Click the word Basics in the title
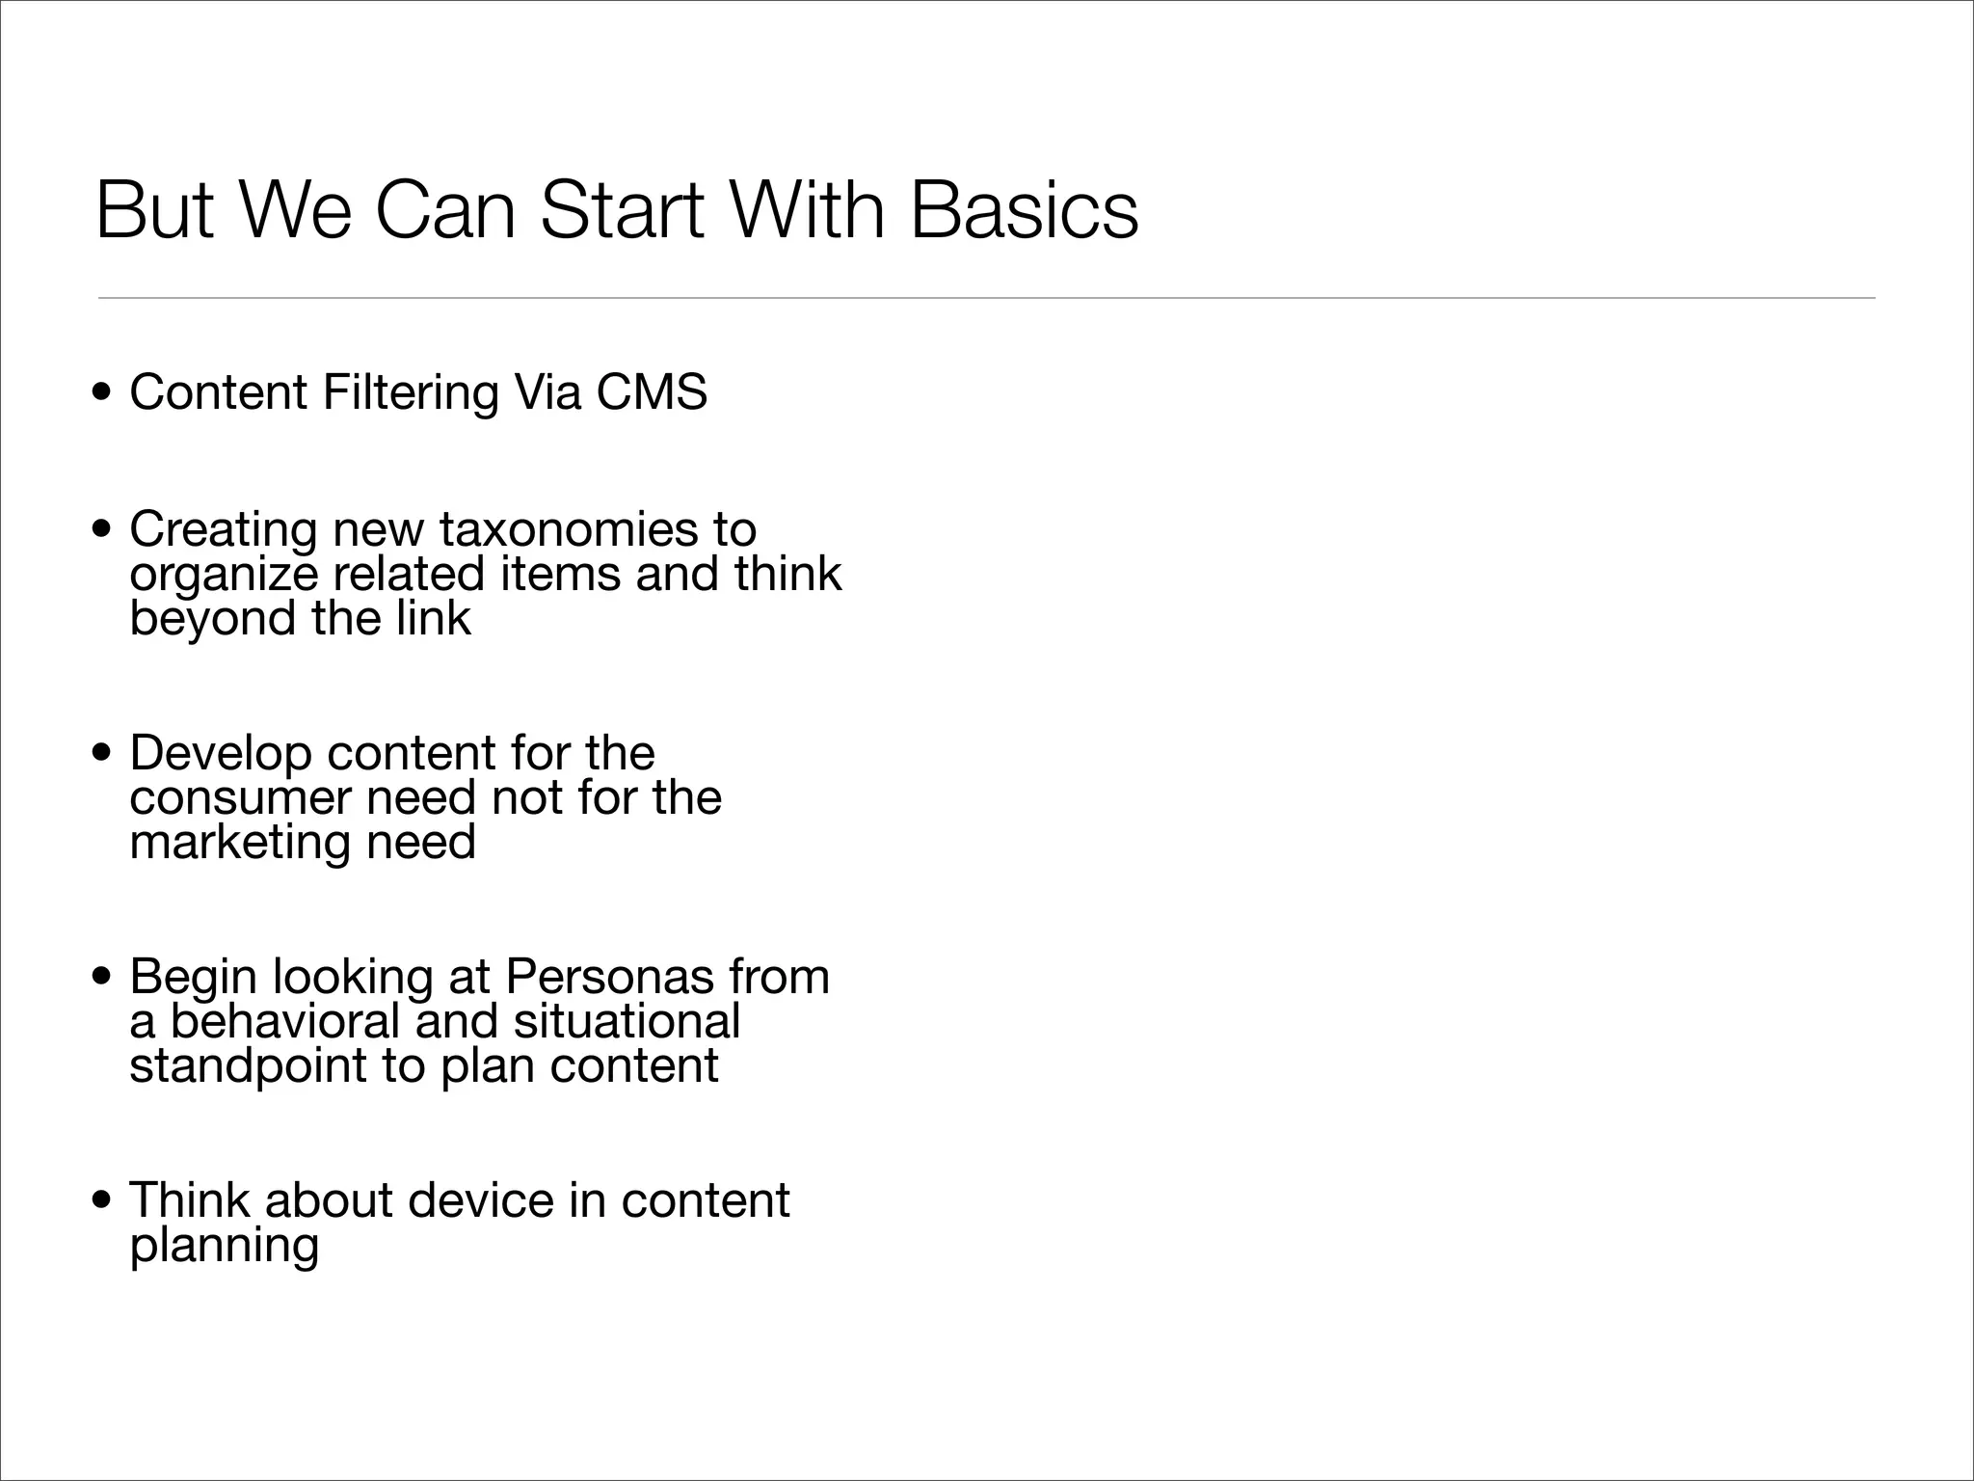pos(1024,210)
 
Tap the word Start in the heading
pos(622,210)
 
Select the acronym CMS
pos(652,392)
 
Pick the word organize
pos(224,576)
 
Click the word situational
pos(627,1021)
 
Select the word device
pos(481,1200)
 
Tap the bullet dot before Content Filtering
pos(101,393)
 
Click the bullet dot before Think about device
pos(101,1201)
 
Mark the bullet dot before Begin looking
pos(101,978)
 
